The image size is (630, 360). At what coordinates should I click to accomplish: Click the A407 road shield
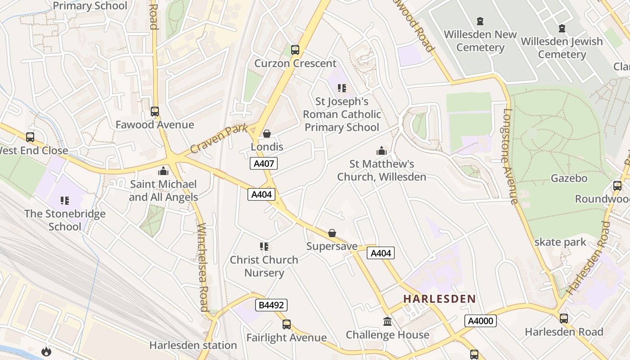pos(264,163)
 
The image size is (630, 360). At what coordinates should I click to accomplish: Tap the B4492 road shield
pos(271,305)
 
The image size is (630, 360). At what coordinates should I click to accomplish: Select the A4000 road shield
pos(481,321)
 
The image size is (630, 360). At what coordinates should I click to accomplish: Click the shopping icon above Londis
pos(267,134)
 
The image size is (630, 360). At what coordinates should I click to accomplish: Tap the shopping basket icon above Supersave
pos(332,233)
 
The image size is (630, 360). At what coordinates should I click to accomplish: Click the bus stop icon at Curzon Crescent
pos(295,50)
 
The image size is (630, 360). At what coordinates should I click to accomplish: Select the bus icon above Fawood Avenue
pos(155,112)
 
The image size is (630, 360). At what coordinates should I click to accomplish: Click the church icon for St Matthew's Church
pos(382,151)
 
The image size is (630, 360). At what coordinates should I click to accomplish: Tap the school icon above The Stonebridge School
pos(65,200)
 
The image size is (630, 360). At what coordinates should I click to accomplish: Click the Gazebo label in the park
pos(569,178)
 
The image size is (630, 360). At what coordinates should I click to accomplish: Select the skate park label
pos(560,242)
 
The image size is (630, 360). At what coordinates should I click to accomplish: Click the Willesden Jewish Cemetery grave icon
pos(562,28)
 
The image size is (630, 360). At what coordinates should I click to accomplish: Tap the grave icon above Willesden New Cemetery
pos(480,21)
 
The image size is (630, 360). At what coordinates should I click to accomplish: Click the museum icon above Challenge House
pos(387,321)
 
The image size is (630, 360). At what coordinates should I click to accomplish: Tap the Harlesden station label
pos(193,345)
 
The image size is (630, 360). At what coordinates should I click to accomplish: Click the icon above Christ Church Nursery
pos(264,246)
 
